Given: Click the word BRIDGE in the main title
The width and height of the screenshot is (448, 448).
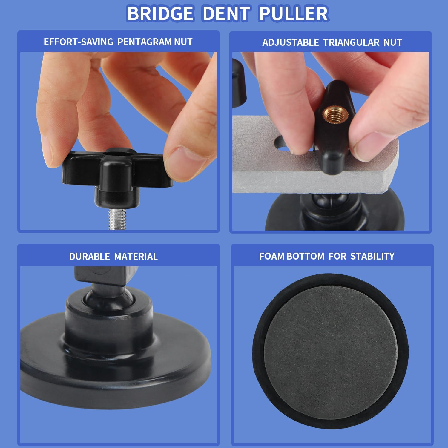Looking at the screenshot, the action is [160, 13].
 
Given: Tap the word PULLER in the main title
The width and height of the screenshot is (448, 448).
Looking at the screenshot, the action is [294, 13].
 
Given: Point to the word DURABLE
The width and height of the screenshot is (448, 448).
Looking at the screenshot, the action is [90, 257].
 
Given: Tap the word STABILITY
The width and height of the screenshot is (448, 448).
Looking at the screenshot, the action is [372, 256].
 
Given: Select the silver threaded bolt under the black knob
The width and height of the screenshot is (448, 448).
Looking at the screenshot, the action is [116, 219].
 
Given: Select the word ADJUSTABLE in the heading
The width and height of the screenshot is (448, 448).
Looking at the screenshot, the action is [291, 42].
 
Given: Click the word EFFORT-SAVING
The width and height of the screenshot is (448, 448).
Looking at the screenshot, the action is [79, 42].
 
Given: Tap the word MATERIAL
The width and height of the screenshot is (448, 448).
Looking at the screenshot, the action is [136, 257].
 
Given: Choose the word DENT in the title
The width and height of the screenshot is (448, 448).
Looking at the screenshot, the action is [226, 13].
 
